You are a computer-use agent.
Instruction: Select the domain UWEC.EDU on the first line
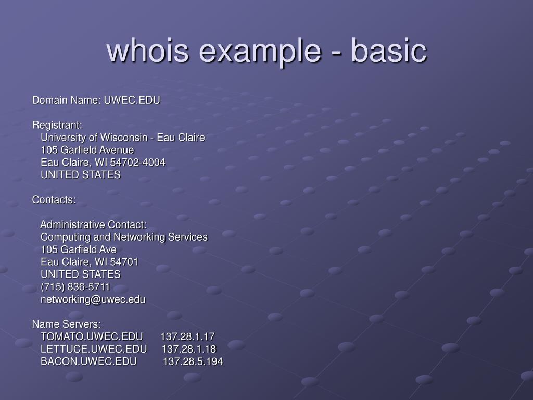[x=132, y=99]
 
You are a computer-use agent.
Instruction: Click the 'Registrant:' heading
[x=57, y=125]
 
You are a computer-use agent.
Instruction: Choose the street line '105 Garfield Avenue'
[x=87, y=150]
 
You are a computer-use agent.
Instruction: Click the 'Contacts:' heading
[x=54, y=199]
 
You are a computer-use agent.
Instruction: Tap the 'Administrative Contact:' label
[x=94, y=224]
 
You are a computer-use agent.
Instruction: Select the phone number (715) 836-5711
[x=75, y=286]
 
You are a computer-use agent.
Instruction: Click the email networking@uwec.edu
[x=93, y=299]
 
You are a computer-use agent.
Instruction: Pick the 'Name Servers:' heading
[x=67, y=324]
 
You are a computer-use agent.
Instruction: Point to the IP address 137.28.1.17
[x=187, y=336]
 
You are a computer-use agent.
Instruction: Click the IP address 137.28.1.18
[x=189, y=348]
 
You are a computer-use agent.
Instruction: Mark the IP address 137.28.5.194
[x=193, y=361]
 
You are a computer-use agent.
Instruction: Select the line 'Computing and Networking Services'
[x=124, y=237]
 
